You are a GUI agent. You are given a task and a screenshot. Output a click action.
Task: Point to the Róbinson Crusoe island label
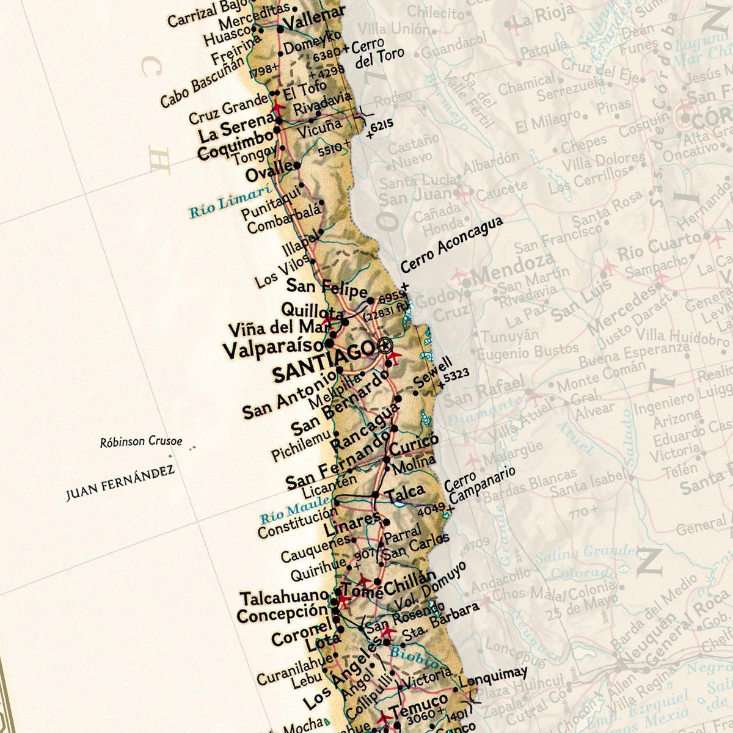coord(141,442)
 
